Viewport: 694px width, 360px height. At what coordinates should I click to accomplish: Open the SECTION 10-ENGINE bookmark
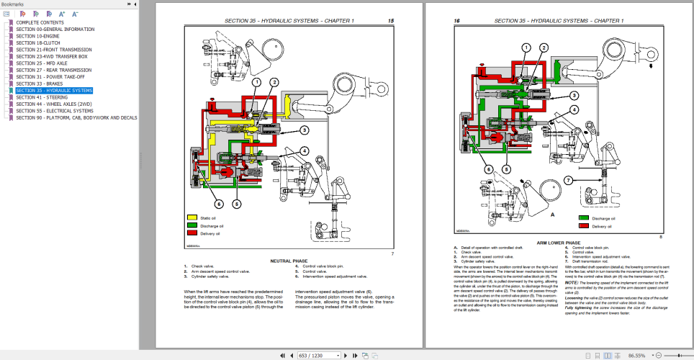(38, 35)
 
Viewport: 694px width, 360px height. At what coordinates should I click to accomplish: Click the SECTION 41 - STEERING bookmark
(42, 97)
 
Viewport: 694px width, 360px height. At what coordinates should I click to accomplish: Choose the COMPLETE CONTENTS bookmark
(45, 23)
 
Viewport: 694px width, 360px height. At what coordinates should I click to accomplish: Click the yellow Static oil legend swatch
(192, 217)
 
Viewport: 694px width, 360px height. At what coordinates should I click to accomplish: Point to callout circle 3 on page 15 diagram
(305, 130)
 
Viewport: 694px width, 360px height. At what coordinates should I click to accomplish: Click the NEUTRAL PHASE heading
(290, 260)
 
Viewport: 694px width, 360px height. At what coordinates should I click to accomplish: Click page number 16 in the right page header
(456, 21)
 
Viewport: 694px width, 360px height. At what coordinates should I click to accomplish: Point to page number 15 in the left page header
(390, 21)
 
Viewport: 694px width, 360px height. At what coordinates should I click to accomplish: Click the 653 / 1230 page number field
(312, 355)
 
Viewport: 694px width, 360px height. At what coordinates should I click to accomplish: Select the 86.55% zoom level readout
(636, 355)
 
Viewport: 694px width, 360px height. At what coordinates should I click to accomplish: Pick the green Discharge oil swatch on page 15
(192, 225)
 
